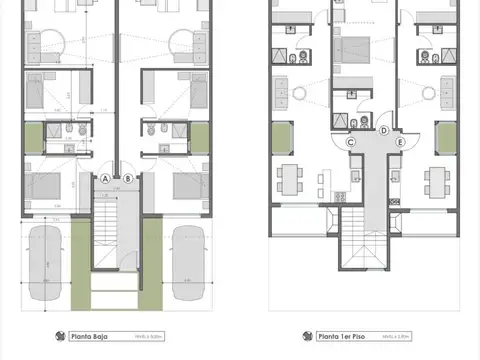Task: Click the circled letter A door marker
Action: coord(105,178)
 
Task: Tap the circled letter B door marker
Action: coord(129,178)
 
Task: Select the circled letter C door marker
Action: coord(352,142)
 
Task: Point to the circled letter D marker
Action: coord(384,131)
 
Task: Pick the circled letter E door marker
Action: coord(401,142)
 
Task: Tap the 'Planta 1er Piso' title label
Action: coord(337,336)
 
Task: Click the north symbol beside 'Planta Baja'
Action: coord(59,336)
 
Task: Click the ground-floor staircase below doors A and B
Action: coord(117,230)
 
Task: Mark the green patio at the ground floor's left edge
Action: coord(34,137)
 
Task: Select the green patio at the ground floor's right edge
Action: coord(200,137)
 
